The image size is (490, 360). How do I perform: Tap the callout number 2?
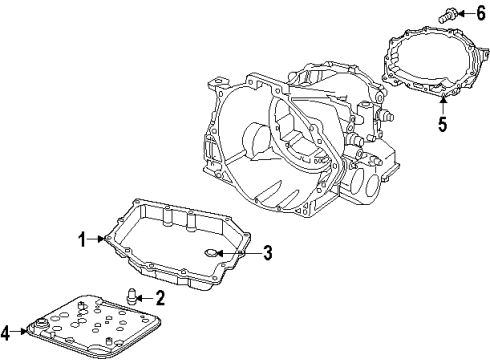161,297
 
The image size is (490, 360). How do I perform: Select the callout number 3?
268,252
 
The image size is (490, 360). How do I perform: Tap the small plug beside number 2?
130,295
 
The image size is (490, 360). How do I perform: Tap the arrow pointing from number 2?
146,297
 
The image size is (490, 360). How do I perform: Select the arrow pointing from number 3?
245,252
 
